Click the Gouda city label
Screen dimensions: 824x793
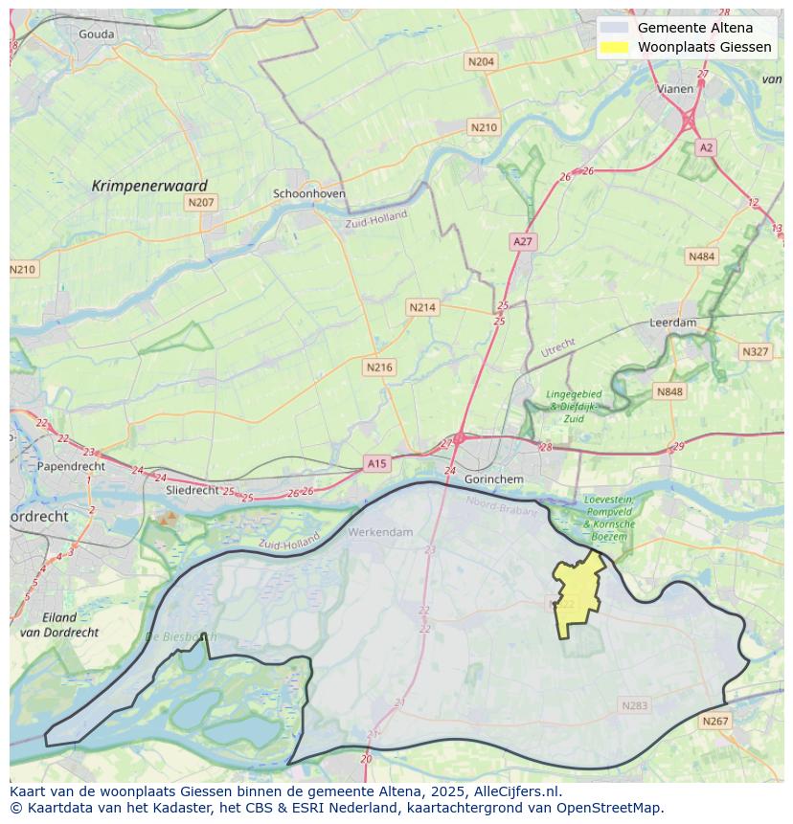click(96, 34)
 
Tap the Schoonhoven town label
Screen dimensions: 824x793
click(309, 193)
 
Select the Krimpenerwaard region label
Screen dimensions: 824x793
click(149, 186)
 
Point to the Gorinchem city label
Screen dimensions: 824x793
click(493, 479)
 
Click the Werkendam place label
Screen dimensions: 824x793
click(381, 532)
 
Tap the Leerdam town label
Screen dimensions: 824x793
click(673, 323)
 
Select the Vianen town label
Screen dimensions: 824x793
click(675, 89)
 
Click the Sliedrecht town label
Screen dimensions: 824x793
click(193, 489)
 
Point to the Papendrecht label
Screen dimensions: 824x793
click(71, 467)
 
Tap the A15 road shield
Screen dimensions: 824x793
click(376, 464)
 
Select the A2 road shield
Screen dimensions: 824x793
click(706, 147)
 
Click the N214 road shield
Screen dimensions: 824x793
click(422, 307)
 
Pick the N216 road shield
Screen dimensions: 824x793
click(379, 367)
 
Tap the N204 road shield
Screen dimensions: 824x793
click(481, 62)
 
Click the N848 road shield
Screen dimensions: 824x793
click(669, 391)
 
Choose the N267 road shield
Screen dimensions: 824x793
click(714, 722)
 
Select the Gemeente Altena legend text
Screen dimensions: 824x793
click(694, 28)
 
